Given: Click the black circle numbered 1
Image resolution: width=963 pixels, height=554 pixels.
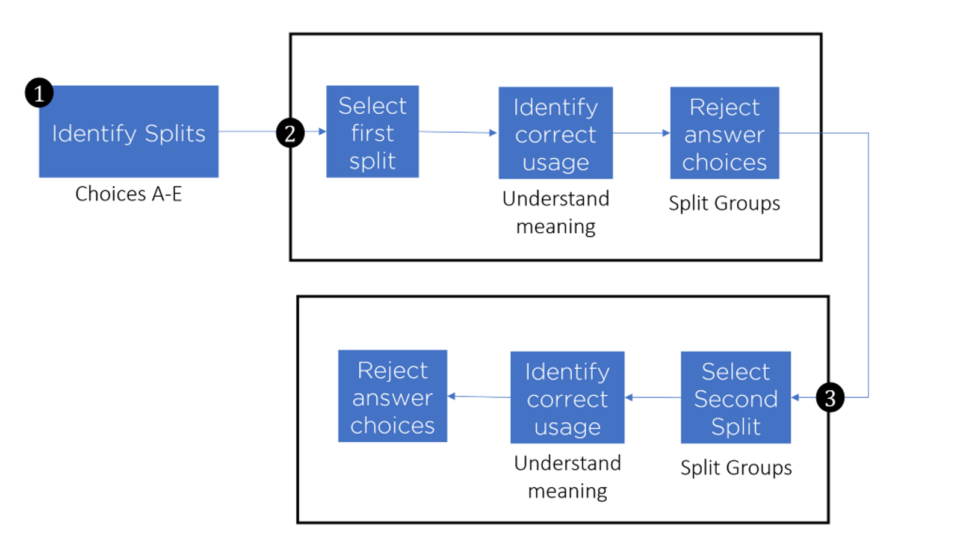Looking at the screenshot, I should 39,93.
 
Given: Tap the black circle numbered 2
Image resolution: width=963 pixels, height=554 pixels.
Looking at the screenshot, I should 290,133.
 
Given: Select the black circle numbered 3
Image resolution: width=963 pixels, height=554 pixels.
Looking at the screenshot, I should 830,398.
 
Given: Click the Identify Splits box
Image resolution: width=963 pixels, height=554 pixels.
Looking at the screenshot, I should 128,132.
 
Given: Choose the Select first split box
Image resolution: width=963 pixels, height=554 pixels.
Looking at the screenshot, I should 372,132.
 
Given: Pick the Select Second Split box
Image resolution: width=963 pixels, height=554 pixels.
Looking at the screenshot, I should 735,398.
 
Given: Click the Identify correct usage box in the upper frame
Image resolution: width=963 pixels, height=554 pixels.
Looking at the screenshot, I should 556,133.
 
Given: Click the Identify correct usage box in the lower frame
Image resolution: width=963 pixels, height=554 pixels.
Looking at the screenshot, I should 567,398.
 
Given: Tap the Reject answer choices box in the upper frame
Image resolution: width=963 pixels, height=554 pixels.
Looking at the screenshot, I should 725,133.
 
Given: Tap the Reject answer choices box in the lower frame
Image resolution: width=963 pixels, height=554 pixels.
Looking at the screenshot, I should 392,396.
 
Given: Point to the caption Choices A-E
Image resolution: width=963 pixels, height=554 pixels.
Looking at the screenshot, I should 128,194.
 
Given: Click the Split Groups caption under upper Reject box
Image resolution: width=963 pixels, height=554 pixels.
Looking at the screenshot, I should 724,203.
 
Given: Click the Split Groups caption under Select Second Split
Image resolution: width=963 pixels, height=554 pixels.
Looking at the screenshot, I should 735,468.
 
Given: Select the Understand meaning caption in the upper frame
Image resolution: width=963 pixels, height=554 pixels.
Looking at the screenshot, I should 556,212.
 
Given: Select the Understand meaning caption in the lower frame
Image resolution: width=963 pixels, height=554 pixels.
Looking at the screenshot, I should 567,477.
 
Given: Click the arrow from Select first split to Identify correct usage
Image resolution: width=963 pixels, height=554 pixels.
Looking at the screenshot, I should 458,132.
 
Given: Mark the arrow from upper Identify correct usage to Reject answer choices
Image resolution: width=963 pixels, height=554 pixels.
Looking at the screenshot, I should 642,133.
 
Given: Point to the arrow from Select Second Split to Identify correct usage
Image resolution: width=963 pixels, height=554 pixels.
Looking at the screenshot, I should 653,397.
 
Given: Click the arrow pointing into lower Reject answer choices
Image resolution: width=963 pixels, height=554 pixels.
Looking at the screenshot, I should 478,396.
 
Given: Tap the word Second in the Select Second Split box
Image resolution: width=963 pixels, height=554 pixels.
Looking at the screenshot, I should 735,399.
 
